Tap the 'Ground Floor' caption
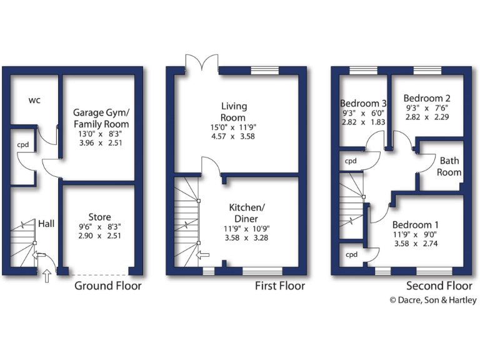click(107, 286)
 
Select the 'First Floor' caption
click(280, 286)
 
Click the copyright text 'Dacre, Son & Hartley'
click(437, 301)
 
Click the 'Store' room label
click(99, 217)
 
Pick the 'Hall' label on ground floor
click(46, 223)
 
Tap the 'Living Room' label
click(233, 112)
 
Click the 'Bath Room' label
click(449, 166)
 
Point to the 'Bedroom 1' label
click(416, 224)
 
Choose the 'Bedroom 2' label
click(427, 98)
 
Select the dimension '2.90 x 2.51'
click(100, 236)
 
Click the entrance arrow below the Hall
click(47, 276)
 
